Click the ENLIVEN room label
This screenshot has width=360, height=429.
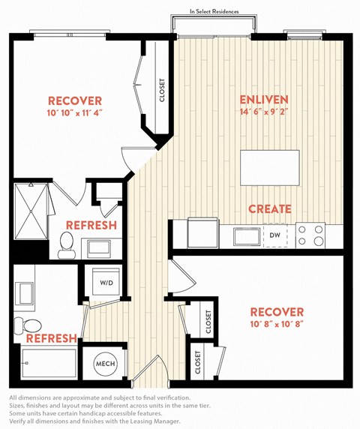(x=264, y=100)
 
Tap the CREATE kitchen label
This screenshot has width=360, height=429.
(x=270, y=209)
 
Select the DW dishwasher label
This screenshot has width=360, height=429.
(x=274, y=235)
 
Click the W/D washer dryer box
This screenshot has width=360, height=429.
(x=106, y=282)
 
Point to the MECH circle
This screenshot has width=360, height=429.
(x=105, y=364)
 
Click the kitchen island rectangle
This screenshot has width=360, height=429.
(x=270, y=168)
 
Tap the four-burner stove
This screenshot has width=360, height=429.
(x=310, y=235)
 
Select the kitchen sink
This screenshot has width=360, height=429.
(x=247, y=236)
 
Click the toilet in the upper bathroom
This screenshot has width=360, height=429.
(x=67, y=245)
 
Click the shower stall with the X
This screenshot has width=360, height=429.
(x=31, y=211)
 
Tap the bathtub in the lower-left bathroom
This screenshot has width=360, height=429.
(x=49, y=363)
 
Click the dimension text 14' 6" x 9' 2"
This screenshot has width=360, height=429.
(x=264, y=112)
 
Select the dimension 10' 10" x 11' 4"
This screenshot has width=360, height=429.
(x=75, y=113)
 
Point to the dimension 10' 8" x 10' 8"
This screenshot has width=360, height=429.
(x=277, y=324)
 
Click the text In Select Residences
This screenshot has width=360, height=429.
(x=214, y=11)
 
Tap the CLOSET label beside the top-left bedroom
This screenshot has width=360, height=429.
(x=162, y=90)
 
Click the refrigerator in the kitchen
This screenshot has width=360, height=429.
(x=202, y=232)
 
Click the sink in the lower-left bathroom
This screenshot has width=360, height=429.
(x=25, y=293)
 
